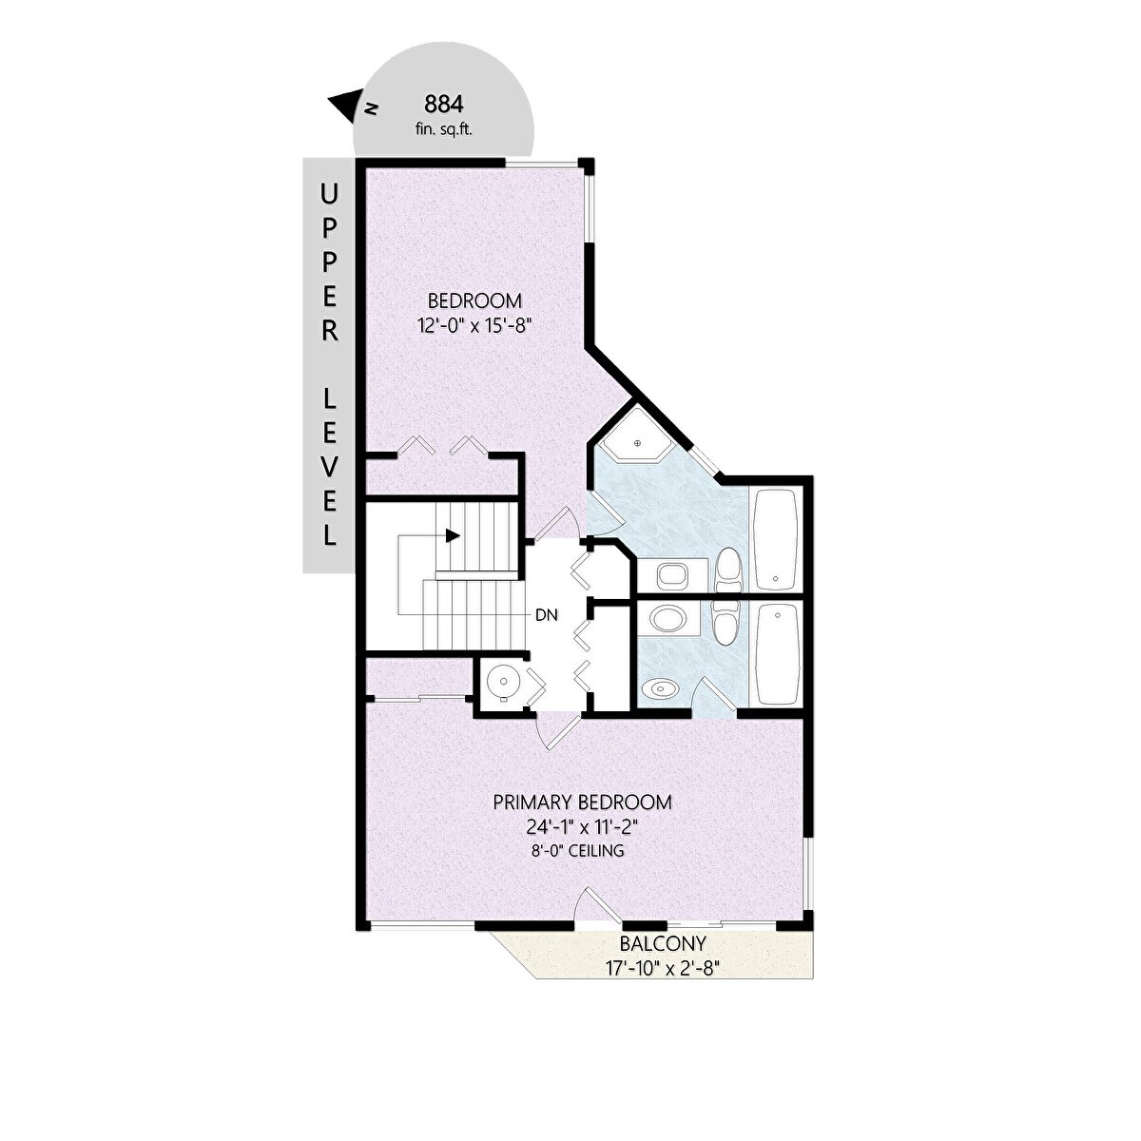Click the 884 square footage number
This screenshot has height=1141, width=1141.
coord(443,105)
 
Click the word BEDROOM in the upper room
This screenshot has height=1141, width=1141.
coord(474,300)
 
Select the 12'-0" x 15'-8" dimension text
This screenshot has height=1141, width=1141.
coord(472,326)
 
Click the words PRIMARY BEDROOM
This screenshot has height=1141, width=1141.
coord(582,803)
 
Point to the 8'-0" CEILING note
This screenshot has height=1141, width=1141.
coord(577,851)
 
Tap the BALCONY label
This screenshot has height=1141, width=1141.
coord(663,942)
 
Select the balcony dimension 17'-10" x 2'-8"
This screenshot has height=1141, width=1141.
coord(662,968)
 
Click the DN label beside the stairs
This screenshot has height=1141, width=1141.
coord(547,615)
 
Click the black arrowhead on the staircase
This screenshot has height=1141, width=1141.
coord(453,535)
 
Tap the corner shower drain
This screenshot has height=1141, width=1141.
coord(638,443)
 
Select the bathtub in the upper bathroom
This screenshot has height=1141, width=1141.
coord(776,537)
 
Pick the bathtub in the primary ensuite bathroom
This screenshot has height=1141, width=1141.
coord(776,653)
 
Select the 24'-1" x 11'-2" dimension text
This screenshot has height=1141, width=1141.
coord(582,827)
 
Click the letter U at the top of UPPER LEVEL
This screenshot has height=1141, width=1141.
coord(329,194)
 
